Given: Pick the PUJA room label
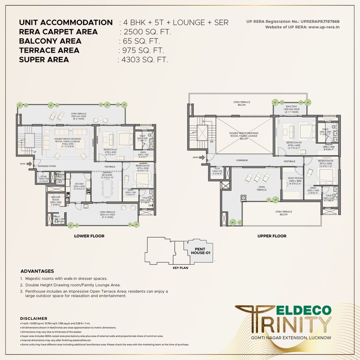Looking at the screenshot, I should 217,170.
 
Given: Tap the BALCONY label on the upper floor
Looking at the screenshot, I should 291,106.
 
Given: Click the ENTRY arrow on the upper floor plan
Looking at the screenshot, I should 195,157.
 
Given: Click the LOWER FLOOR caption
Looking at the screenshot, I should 89,236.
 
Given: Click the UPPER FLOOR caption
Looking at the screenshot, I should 272,236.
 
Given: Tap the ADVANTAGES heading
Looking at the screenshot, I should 37,271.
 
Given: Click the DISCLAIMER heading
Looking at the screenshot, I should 33,318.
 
